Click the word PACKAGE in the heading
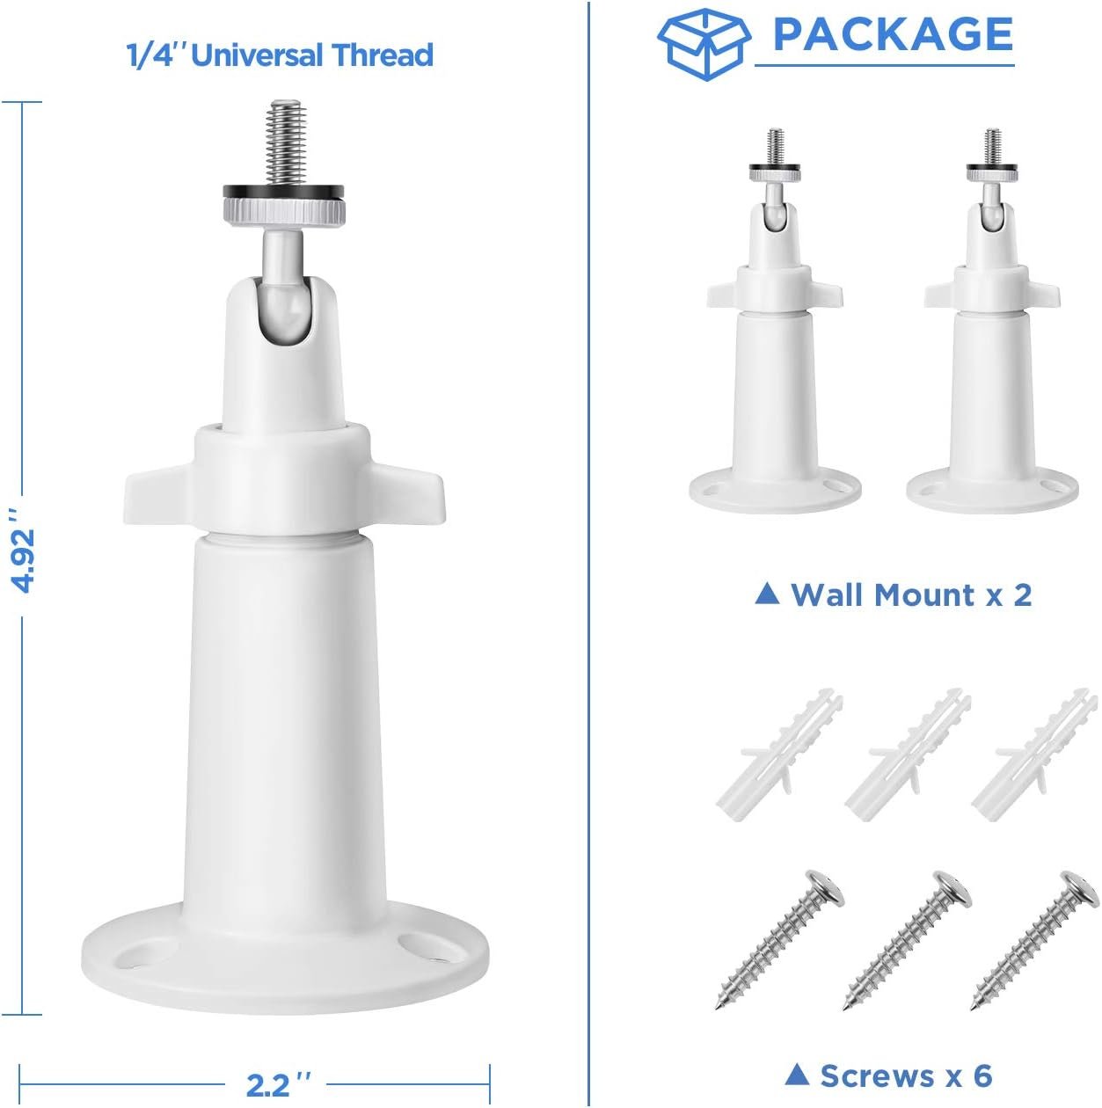pos(893,34)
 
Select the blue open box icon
pos(704,45)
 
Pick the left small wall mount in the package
pos(775,322)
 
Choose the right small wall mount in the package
pos(992,322)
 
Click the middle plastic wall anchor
pos(907,754)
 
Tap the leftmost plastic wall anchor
pos(779,754)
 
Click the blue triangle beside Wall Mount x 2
pos(767,593)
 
